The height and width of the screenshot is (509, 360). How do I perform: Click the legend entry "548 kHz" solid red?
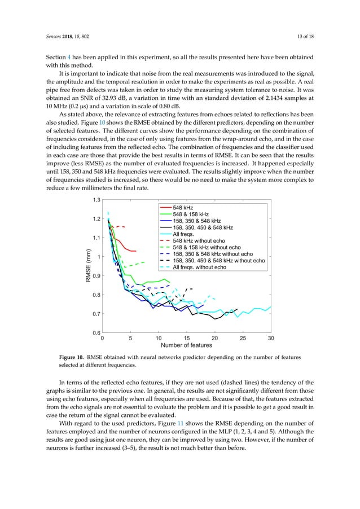182,208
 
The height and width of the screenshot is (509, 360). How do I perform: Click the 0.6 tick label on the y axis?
96,333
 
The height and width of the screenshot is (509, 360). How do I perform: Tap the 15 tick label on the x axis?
186,339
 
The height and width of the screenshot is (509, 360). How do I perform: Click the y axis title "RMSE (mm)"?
88,266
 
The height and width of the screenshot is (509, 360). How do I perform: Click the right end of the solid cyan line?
271,307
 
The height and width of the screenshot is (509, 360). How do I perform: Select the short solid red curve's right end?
136,251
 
